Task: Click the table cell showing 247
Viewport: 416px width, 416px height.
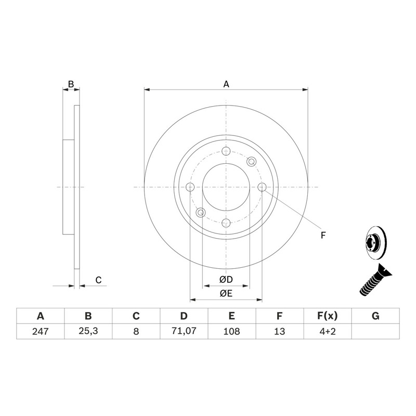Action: coord(41,331)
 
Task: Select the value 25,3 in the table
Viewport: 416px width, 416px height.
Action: coord(88,331)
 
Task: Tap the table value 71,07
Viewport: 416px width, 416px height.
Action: coord(184,331)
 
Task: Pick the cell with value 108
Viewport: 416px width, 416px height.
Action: coord(231,331)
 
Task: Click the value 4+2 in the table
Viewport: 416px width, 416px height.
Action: coord(328,331)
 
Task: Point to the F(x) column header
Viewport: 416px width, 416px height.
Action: coord(328,316)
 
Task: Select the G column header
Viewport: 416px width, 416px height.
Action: coord(375,316)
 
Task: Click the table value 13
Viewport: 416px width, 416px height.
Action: coord(279,331)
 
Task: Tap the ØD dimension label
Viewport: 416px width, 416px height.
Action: coord(226,279)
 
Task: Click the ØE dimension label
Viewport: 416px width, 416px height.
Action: coord(226,293)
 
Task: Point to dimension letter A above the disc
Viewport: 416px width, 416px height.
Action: coord(226,84)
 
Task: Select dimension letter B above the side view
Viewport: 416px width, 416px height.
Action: coord(71,84)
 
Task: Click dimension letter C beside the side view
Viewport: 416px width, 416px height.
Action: coord(98,280)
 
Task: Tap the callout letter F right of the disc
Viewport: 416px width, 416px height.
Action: coord(323,235)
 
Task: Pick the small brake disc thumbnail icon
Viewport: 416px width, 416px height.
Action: coord(376,241)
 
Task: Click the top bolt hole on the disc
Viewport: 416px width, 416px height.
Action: coord(226,151)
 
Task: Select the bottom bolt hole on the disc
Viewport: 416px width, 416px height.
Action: coord(226,223)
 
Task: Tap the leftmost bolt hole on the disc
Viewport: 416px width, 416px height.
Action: coord(190,187)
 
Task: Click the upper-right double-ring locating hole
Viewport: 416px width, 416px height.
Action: coord(251,162)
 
